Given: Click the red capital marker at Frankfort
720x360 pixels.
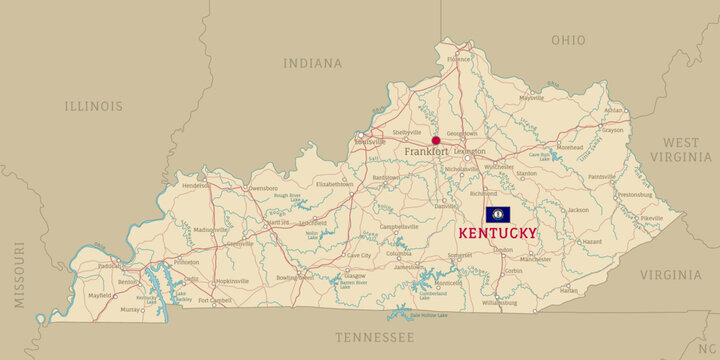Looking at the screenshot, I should [x=436, y=141].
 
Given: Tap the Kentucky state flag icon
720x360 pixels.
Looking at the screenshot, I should [x=497, y=215].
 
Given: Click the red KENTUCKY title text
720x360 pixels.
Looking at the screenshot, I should [x=497, y=233].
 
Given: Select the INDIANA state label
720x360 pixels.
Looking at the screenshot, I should [x=312, y=63].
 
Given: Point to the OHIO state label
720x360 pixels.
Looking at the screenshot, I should [x=568, y=40].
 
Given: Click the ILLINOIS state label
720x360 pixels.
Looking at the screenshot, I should [x=94, y=106].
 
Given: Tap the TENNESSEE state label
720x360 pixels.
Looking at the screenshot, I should [x=374, y=337].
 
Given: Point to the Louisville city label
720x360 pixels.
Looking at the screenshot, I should [x=371, y=142].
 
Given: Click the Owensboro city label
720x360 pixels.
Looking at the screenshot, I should [x=262, y=188].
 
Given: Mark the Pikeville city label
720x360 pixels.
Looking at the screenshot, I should [x=652, y=218].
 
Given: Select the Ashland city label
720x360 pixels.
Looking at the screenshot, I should [x=613, y=110].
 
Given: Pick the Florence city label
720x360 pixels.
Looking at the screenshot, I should [x=458, y=59].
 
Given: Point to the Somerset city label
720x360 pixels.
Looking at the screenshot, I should [x=459, y=256].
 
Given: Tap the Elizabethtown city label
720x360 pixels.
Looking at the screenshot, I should [x=335, y=184].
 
